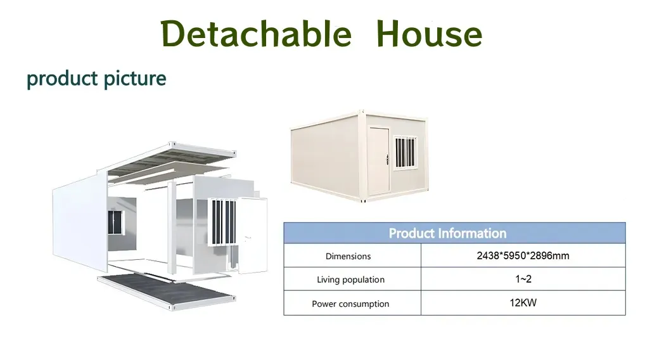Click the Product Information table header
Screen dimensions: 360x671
click(447, 233)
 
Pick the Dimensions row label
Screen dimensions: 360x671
click(348, 257)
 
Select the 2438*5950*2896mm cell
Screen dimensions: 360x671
click(523, 255)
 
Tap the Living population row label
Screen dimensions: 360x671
click(350, 280)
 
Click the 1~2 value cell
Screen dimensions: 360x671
click(523, 279)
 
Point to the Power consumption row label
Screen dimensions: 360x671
click(350, 304)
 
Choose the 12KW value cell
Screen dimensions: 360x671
click(523, 302)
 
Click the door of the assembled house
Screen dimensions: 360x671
click(379, 159)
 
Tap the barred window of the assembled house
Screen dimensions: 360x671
click(405, 152)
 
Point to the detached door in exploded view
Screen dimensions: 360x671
click(253, 235)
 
